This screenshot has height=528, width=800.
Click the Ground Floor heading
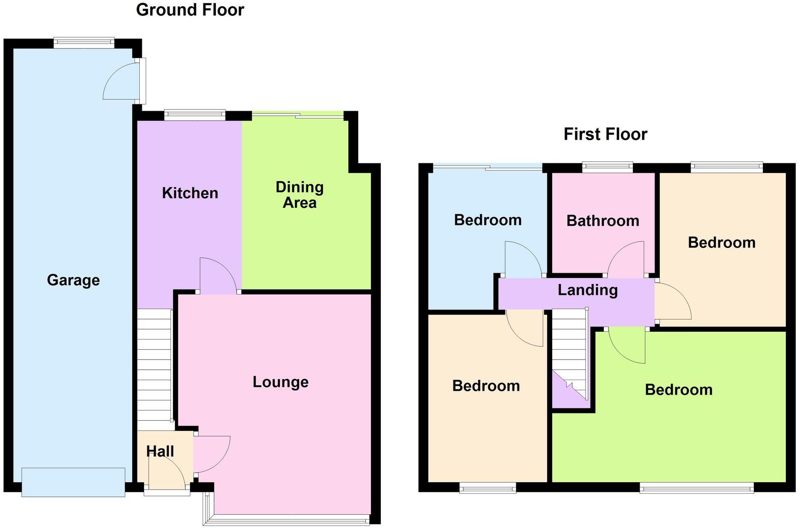[x=190, y=10]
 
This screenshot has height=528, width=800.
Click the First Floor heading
[x=605, y=134]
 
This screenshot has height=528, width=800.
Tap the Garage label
[x=73, y=280]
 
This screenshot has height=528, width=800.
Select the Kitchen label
[x=190, y=193]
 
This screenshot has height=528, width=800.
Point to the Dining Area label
[x=300, y=195]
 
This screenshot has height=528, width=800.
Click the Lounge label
[x=280, y=382]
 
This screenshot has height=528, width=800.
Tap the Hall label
[x=160, y=451]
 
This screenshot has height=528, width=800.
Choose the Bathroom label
[x=603, y=221]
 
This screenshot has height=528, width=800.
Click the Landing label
[x=588, y=290]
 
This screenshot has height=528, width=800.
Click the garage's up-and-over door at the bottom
[x=73, y=482]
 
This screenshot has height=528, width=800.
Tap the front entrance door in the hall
[x=167, y=477]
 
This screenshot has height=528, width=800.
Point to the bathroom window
[x=607, y=167]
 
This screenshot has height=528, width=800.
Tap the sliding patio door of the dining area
[x=298, y=114]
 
